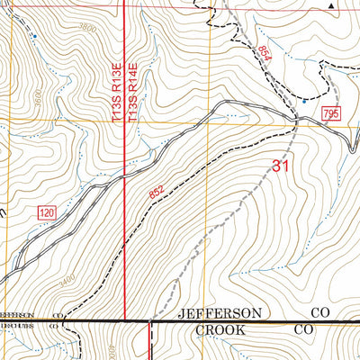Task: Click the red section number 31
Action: click(x=280, y=166)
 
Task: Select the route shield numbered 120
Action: click(x=47, y=212)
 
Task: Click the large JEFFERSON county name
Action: click(x=220, y=313)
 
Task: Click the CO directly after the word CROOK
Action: click(x=305, y=330)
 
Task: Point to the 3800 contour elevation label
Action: click(x=88, y=28)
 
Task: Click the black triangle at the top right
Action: click(x=330, y=4)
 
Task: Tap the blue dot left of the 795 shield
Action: click(x=304, y=102)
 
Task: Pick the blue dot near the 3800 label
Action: click(x=34, y=36)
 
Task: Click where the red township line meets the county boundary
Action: click(x=123, y=321)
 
